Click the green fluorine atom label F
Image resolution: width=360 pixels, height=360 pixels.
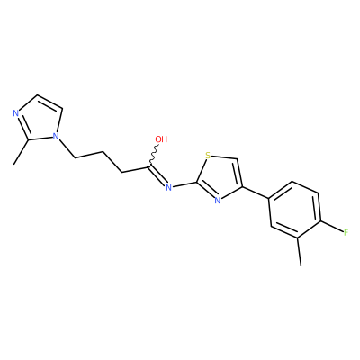point(346,232)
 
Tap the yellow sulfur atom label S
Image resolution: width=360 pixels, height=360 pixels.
point(208,156)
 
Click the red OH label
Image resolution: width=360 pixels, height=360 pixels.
point(161,139)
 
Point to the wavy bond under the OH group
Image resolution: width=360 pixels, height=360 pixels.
point(154,156)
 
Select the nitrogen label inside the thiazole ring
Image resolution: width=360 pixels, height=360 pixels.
point(218,201)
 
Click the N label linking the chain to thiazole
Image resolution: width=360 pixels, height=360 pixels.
point(168,188)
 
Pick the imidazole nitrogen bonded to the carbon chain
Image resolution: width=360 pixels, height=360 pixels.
point(55,137)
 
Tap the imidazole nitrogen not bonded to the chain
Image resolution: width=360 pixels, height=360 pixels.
point(16,113)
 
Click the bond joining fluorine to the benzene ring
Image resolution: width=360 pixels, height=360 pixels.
point(332,227)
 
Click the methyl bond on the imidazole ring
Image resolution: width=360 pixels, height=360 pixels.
point(21,152)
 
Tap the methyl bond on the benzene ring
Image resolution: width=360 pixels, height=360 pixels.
point(300,252)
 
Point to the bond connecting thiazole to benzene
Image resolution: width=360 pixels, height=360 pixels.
point(256,193)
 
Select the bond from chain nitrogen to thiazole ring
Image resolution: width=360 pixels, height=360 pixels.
point(184,184)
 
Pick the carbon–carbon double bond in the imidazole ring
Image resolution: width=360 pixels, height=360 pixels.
point(49,103)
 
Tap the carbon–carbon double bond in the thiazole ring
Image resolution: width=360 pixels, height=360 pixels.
point(239,174)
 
